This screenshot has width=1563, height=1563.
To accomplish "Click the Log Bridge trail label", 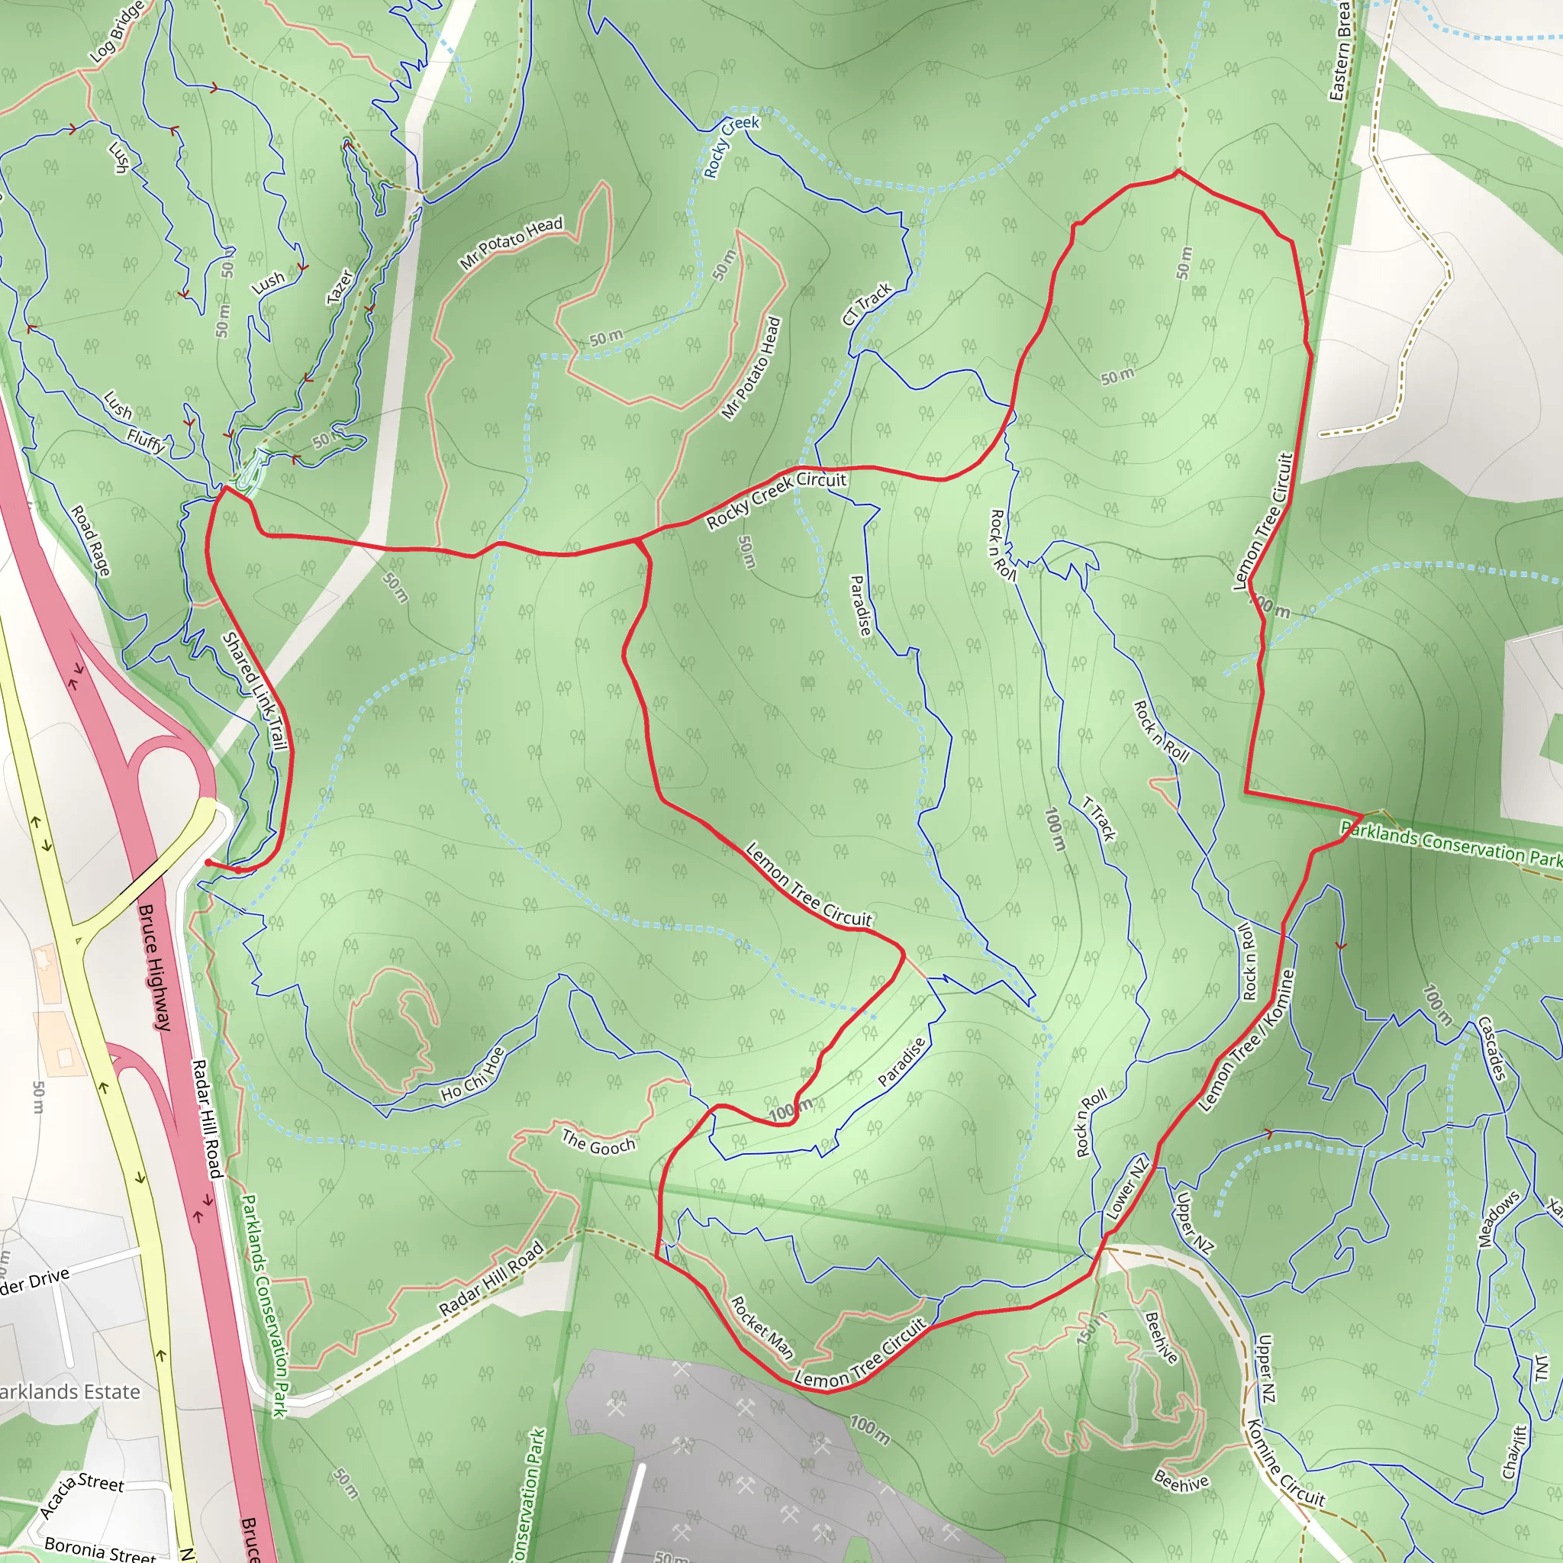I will pyautogui.click(x=117, y=32).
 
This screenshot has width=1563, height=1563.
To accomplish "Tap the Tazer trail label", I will pyautogui.click(x=340, y=287).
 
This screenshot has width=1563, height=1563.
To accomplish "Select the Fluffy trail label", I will pyautogui.click(x=147, y=441).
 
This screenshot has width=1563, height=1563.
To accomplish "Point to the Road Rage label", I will pyautogui.click(x=91, y=540).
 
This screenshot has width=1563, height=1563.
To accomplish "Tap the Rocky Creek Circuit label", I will pyautogui.click(x=776, y=501).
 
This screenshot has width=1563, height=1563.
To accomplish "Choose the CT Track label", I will pyautogui.click(x=866, y=304).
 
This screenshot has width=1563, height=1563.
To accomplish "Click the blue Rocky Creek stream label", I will pyautogui.click(x=730, y=145).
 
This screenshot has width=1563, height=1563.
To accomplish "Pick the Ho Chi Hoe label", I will pyautogui.click(x=473, y=1075).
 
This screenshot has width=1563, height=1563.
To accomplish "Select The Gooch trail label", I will pyautogui.click(x=598, y=1142).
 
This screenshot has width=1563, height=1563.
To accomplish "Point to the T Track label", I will pyautogui.click(x=1100, y=818).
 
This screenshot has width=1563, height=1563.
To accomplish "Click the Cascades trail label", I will pyautogui.click(x=1493, y=1049).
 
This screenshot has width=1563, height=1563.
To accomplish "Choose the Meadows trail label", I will pyautogui.click(x=1498, y=1218).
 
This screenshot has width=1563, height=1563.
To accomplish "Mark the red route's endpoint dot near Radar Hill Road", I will pyautogui.click(x=208, y=862).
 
